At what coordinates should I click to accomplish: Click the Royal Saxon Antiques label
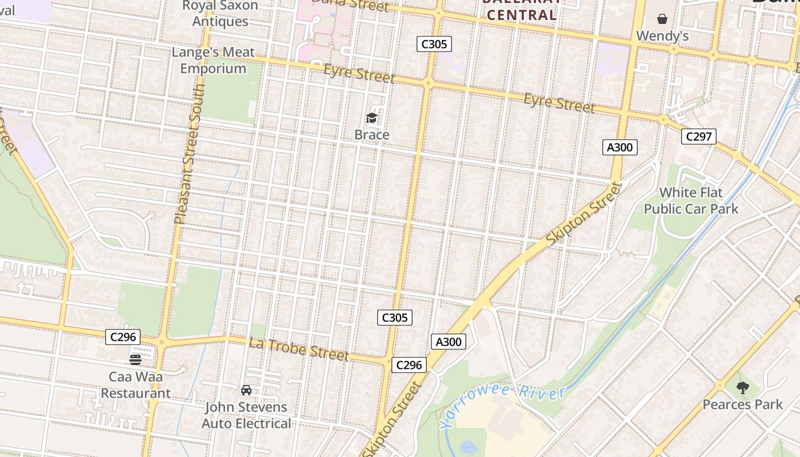click(220, 14)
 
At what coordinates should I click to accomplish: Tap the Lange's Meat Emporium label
click(213, 61)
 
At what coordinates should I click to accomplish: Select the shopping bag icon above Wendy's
click(662, 19)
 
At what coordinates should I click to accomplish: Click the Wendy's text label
click(662, 36)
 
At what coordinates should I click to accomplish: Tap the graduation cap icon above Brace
click(372, 118)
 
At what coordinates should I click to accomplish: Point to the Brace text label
click(372, 135)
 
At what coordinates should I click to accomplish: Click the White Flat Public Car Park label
click(691, 201)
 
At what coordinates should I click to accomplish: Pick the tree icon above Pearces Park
click(742, 388)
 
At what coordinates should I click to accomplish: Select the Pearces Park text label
click(742, 404)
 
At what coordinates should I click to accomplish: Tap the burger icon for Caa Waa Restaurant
click(135, 360)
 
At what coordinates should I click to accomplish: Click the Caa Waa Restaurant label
click(135, 385)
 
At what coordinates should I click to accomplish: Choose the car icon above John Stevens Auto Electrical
click(246, 390)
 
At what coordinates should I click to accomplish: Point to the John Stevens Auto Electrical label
click(246, 415)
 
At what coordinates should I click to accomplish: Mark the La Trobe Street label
click(299, 348)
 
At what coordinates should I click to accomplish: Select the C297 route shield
click(698, 137)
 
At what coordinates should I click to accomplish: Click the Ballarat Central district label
click(519, 10)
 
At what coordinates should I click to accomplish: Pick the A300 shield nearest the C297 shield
click(620, 147)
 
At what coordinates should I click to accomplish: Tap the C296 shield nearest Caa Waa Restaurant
click(123, 337)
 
